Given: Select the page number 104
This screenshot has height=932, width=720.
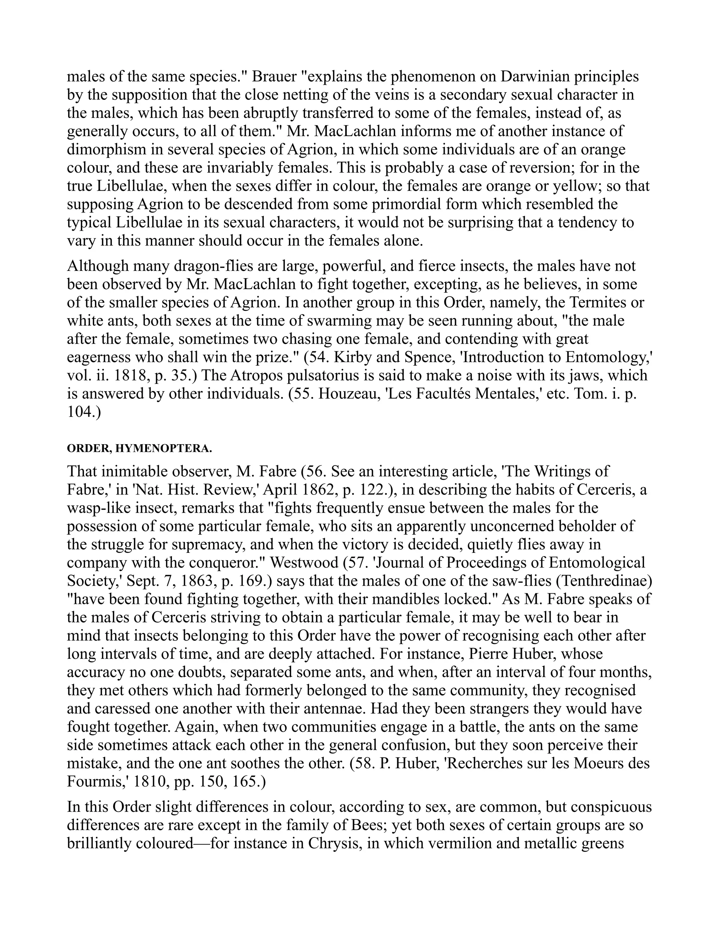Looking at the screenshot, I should coord(80,412).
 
